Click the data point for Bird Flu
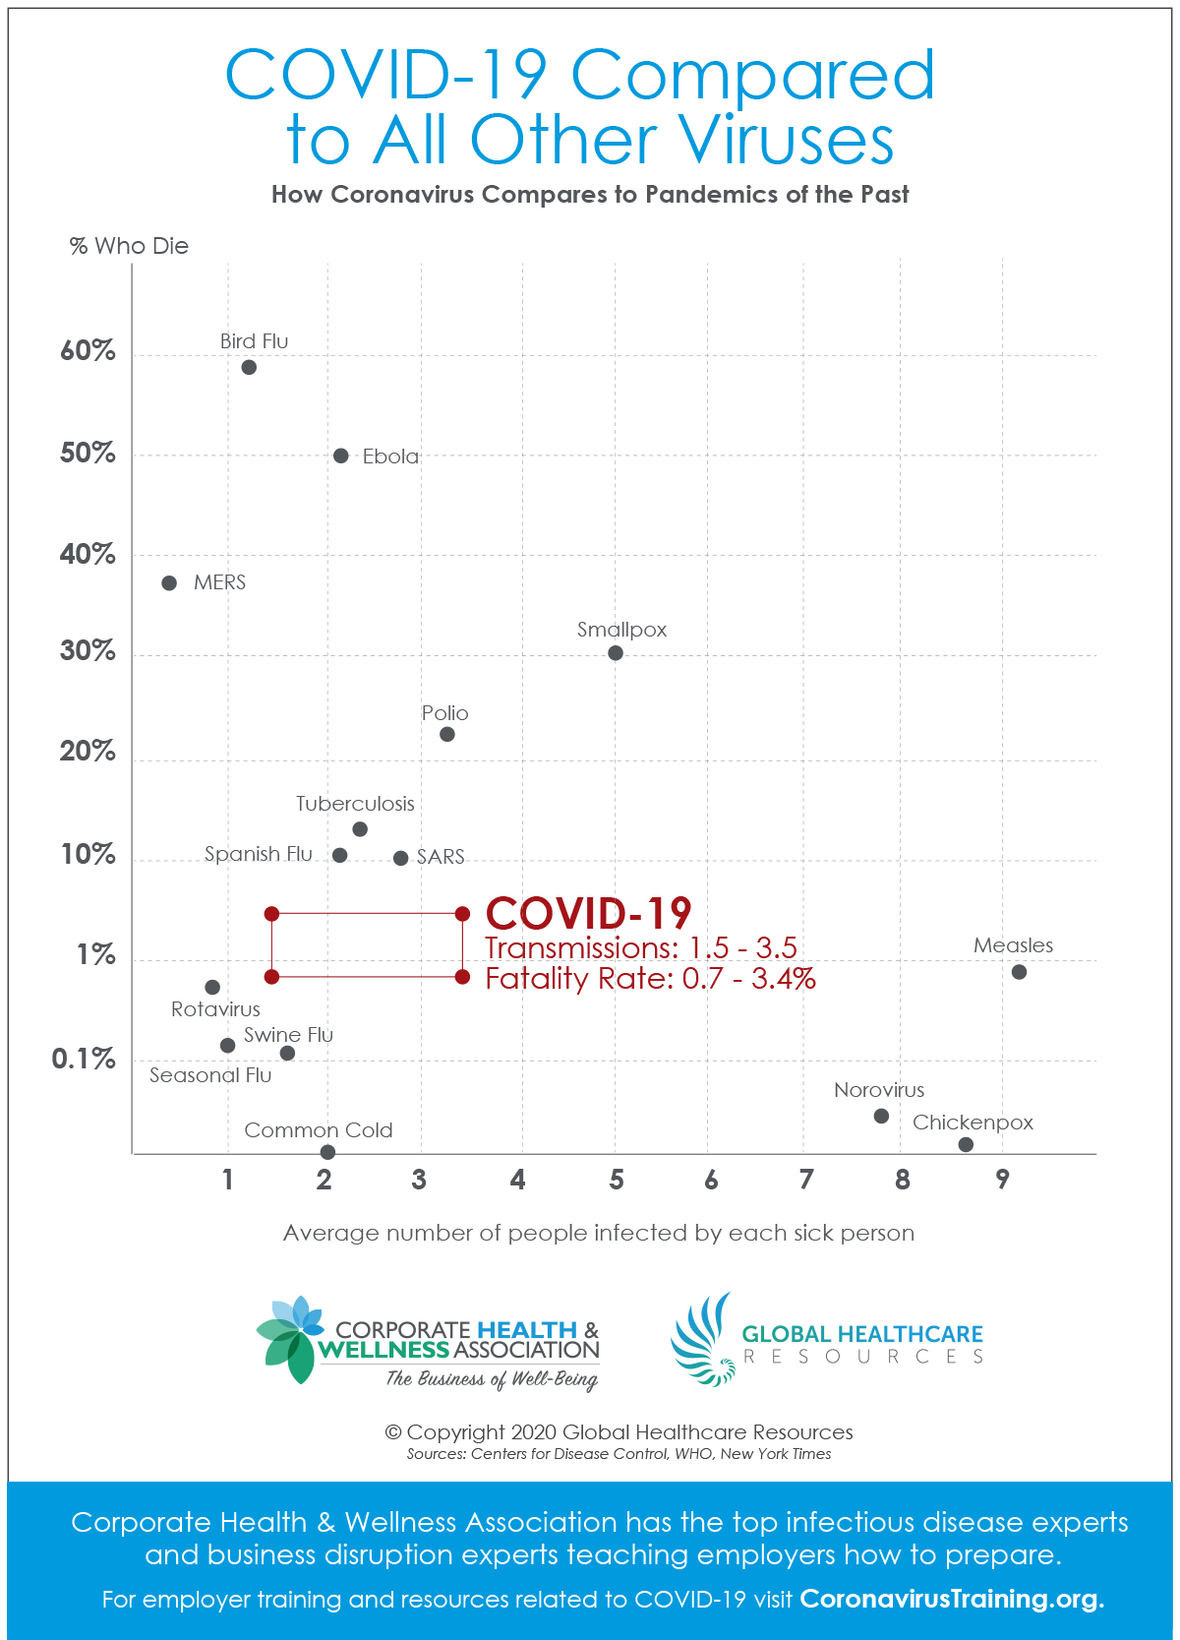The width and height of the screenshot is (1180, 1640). click(x=249, y=367)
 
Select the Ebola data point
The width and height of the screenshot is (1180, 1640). click(x=341, y=456)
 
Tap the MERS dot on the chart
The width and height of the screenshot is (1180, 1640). click(x=169, y=583)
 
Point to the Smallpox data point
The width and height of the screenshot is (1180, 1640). click(x=616, y=653)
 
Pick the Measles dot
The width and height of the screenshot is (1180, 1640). click(x=1019, y=972)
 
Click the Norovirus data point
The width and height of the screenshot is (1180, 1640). click(x=881, y=1116)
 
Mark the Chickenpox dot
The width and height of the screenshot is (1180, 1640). click(x=966, y=1144)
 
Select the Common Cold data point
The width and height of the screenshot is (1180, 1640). click(x=327, y=1152)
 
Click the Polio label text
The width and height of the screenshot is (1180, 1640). click(x=444, y=713)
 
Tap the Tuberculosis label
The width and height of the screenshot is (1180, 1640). click(x=355, y=804)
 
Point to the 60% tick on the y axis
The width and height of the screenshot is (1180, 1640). click(x=88, y=351)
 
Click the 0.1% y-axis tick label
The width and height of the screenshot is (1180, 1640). click(x=84, y=1060)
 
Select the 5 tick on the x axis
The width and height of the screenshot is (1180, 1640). click(x=617, y=1180)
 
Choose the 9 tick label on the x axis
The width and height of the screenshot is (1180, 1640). click(x=1002, y=1180)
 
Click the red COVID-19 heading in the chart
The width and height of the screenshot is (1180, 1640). click(x=588, y=913)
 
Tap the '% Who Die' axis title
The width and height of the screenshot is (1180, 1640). click(x=129, y=246)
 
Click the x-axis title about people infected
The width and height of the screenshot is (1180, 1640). click(x=599, y=1233)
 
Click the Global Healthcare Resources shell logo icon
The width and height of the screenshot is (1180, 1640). click(x=704, y=1340)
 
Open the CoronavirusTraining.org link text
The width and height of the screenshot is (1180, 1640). click(x=952, y=1599)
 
